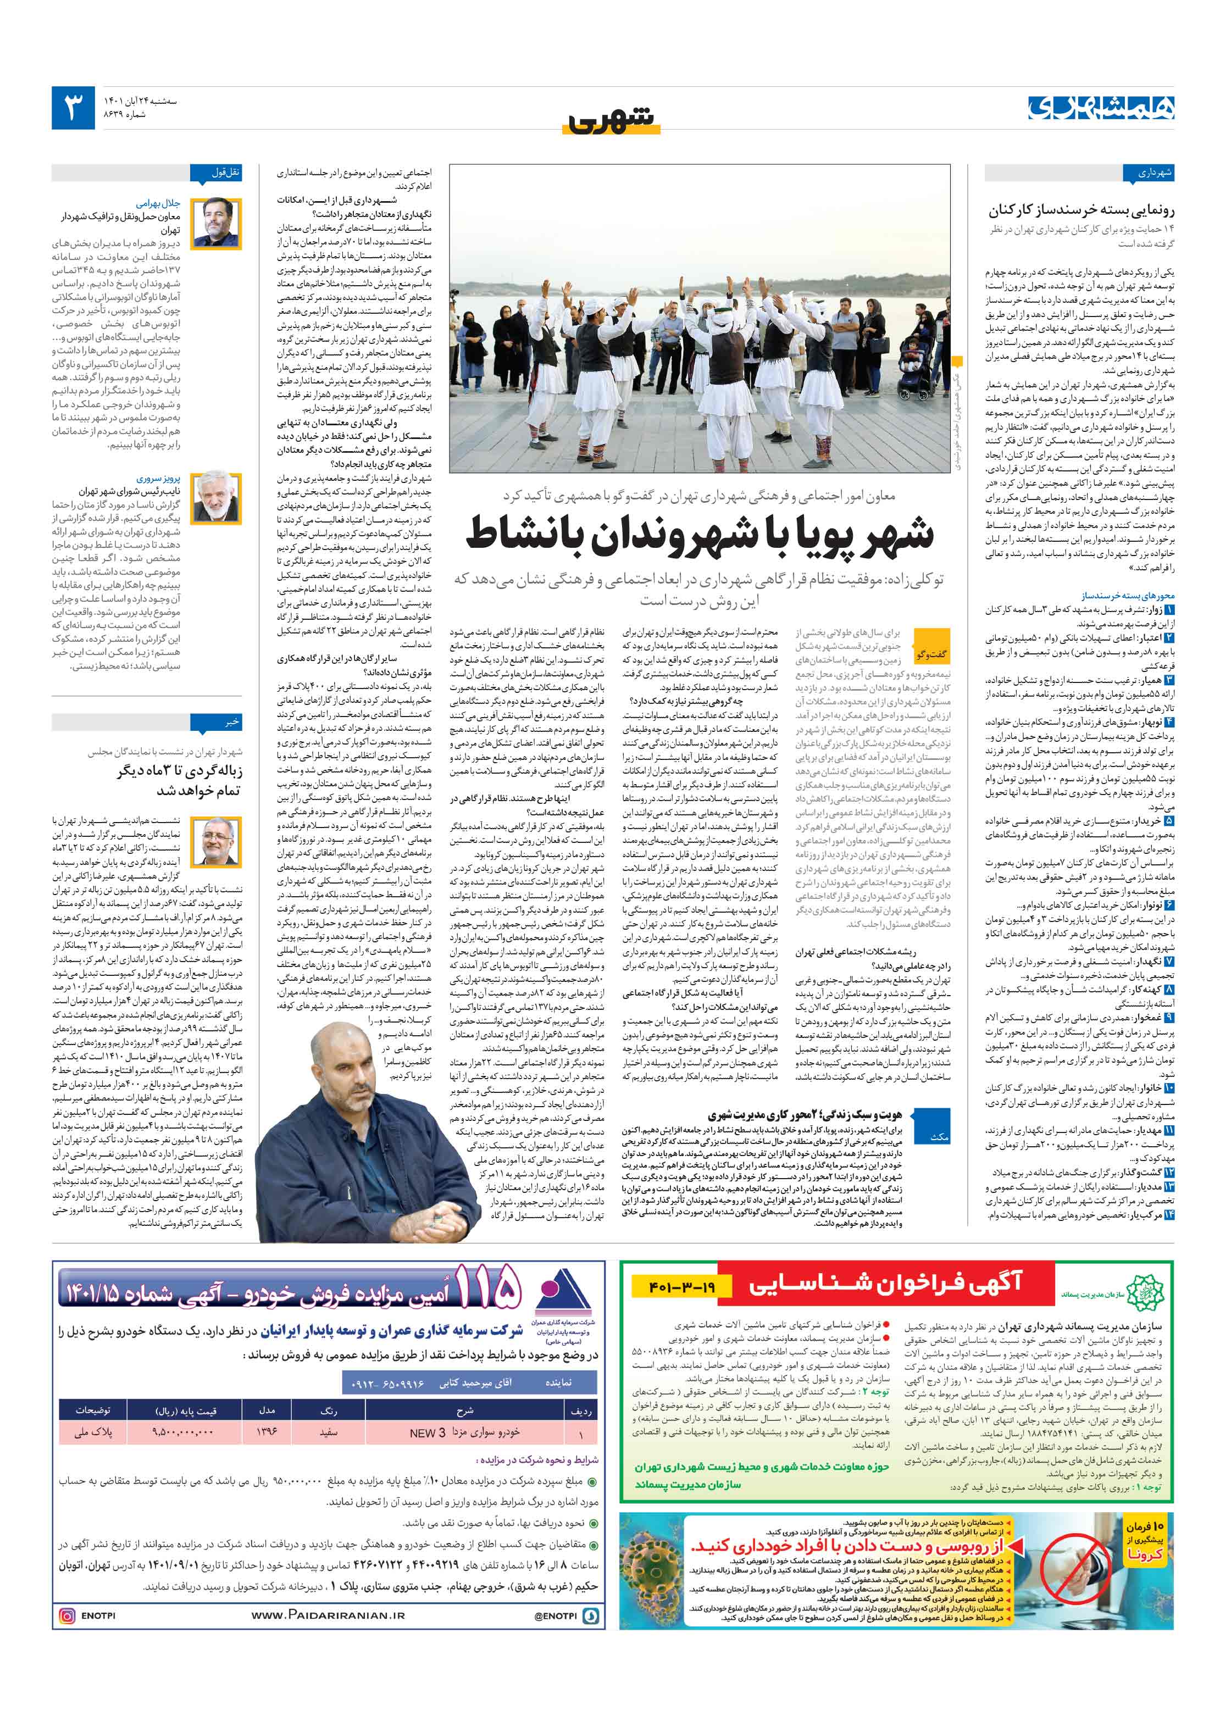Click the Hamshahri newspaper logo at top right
pyautogui.click(x=1101, y=108)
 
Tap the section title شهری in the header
pyautogui.click(x=611, y=120)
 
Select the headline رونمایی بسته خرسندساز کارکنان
pyautogui.click(x=1081, y=210)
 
